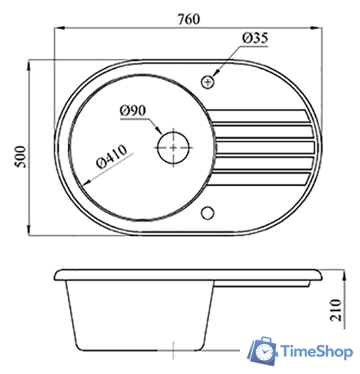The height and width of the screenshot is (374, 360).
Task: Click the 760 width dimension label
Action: (x=189, y=19)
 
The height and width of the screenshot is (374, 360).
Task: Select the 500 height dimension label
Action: (x=21, y=157)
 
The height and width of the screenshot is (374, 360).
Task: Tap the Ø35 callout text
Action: (x=255, y=38)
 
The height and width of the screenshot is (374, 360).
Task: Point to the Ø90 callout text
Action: (x=133, y=111)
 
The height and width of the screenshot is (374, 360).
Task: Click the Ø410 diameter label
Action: (x=111, y=156)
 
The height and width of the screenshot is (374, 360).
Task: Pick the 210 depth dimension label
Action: (x=335, y=310)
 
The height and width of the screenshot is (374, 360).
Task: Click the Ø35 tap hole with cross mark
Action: (x=208, y=82)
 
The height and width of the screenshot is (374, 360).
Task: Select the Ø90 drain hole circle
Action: (x=173, y=147)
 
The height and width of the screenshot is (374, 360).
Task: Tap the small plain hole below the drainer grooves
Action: (x=207, y=213)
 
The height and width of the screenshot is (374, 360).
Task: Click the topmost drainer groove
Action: (x=259, y=116)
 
